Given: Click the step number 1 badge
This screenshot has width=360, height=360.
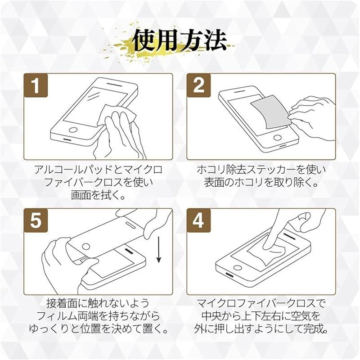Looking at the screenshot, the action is pos(36,85).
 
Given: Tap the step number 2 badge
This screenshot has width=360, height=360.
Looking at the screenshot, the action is pos(199,85).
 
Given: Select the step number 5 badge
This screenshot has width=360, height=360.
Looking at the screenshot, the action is pos(36,220).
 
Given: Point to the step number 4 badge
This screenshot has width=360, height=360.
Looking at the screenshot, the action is pos(199,220).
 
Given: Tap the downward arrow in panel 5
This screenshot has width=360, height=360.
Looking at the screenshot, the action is pos(159,250).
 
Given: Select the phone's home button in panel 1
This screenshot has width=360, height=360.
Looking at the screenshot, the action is pos(73,130).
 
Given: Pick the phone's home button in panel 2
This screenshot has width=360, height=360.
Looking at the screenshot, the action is pos(278,138).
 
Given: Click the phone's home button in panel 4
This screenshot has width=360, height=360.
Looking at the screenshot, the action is pos(238,268).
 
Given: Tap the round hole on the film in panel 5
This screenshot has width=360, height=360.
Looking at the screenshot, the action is pos(86,247).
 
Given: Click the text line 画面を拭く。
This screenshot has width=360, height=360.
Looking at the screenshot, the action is pos(98,195).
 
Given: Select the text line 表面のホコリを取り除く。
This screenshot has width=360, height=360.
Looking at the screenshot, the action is pos(261,182).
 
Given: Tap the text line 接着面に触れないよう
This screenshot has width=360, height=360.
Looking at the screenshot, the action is pos(98,303).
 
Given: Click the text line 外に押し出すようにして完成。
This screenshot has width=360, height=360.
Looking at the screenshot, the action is pos(261,329).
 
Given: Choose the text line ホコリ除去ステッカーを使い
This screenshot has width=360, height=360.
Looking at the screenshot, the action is pos(261,170).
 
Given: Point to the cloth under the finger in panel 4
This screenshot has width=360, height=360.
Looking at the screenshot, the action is pos(266,253).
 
